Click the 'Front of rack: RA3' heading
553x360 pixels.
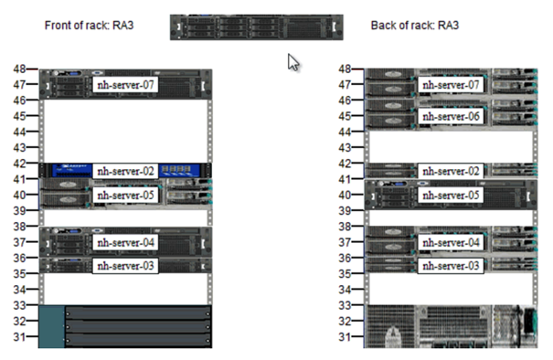(x=90, y=25)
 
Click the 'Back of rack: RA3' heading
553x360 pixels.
(x=414, y=25)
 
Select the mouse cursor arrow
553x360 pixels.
(x=293, y=62)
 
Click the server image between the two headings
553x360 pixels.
(x=256, y=26)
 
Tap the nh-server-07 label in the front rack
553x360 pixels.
(x=126, y=85)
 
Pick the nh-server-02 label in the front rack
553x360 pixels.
(x=126, y=171)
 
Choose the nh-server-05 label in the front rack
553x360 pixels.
(x=126, y=195)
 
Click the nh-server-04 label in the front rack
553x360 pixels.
(x=126, y=242)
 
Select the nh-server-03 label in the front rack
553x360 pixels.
(x=126, y=266)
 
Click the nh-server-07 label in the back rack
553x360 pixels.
(x=450, y=85)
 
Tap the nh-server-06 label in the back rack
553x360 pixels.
(x=450, y=117)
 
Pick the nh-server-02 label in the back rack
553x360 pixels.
(x=450, y=171)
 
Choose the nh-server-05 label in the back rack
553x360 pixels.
(x=450, y=195)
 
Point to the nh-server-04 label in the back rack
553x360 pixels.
(x=450, y=242)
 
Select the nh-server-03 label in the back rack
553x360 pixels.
(x=450, y=266)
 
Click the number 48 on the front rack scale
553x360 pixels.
(x=19, y=69)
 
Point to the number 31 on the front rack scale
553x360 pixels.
(x=19, y=336)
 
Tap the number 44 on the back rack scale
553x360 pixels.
(x=345, y=132)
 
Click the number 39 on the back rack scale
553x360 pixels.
(x=345, y=210)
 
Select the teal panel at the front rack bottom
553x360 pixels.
(x=51, y=327)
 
